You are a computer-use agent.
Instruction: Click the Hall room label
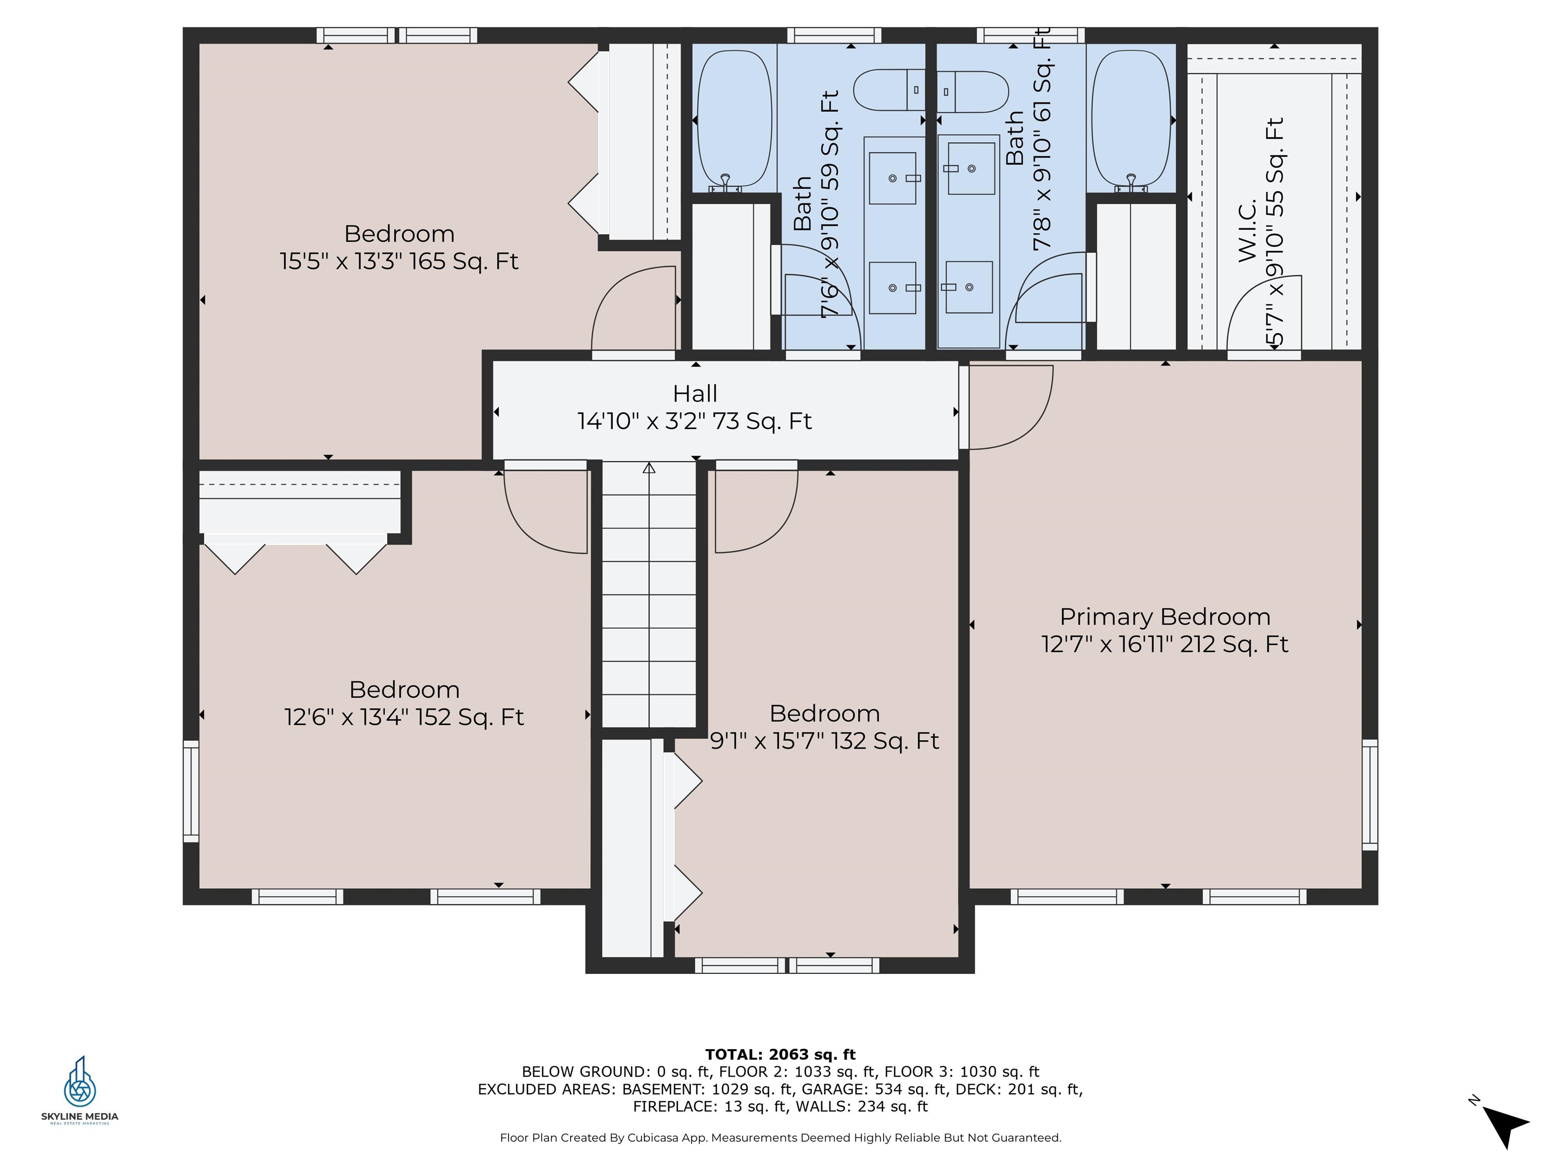point(695,394)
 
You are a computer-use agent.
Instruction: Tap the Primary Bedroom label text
point(1165,617)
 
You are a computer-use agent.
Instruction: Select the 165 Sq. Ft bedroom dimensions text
point(399,262)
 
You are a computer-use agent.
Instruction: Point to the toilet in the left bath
point(888,90)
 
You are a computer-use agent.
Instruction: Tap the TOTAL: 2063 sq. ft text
point(780,1054)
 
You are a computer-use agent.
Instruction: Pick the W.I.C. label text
point(1247,231)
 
